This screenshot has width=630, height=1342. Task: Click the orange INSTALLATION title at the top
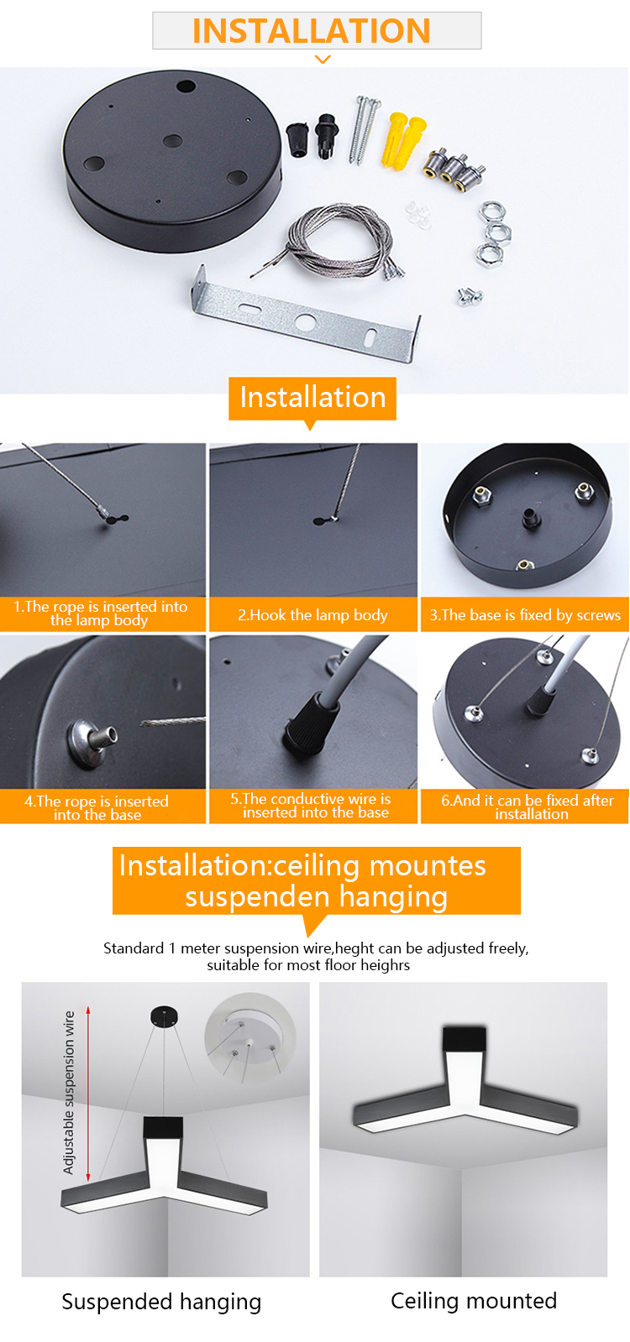pyautogui.click(x=311, y=30)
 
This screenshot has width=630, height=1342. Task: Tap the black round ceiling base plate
pyautogui.click(x=172, y=160)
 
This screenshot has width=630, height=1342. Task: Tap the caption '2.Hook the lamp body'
pyautogui.click(x=313, y=615)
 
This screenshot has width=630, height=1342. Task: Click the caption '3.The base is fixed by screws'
pyautogui.click(x=525, y=615)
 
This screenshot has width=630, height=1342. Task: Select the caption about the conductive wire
pyautogui.click(x=313, y=806)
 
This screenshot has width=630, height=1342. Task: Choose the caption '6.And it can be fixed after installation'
pyautogui.click(x=528, y=807)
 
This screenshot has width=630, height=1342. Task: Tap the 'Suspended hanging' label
pyautogui.click(x=161, y=1302)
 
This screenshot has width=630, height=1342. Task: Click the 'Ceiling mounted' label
pyautogui.click(x=474, y=1301)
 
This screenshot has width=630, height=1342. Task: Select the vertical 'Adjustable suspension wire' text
pyautogui.click(x=69, y=1092)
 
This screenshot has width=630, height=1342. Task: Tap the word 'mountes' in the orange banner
pyautogui.click(x=428, y=865)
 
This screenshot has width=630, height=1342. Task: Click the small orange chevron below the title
pyautogui.click(x=323, y=60)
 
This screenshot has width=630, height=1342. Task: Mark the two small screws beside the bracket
pyautogui.click(x=470, y=296)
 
